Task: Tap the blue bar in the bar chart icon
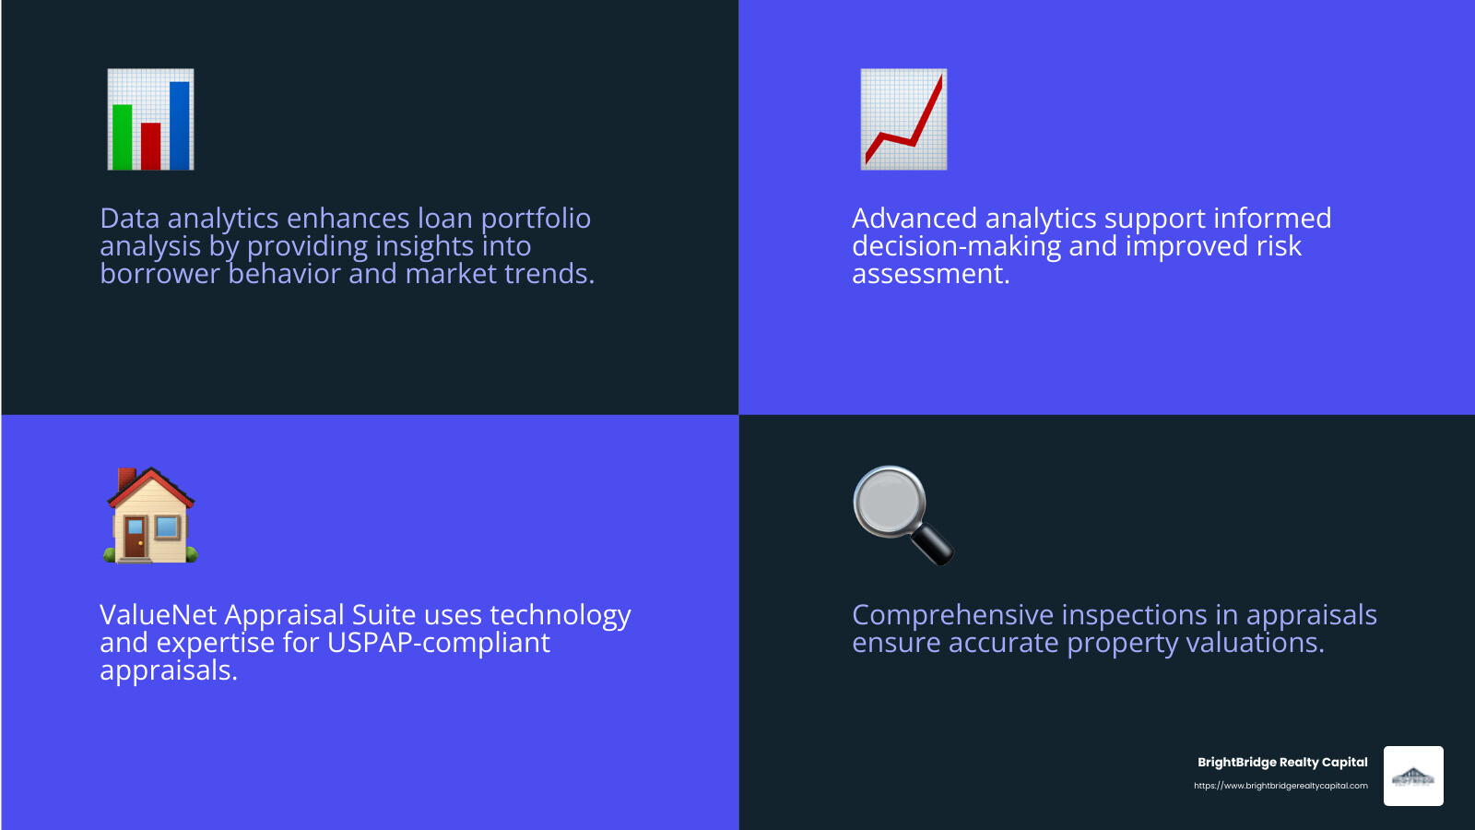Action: point(180,125)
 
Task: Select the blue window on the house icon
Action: point(167,528)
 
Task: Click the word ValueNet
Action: point(158,615)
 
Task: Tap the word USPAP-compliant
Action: point(438,643)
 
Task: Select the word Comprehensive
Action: point(952,615)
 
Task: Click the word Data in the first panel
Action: point(129,219)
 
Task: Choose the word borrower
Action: point(159,274)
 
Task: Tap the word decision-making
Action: point(956,246)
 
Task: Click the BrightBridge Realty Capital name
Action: point(1282,762)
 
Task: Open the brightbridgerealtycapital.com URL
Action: point(1280,786)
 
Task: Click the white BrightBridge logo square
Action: point(1413,776)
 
